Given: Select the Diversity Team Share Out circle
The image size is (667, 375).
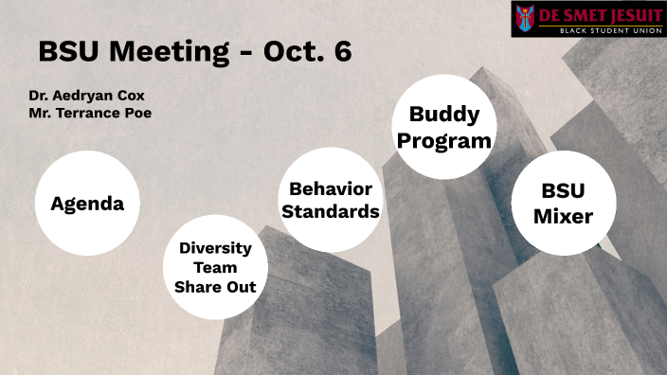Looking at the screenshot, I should pos(215,267).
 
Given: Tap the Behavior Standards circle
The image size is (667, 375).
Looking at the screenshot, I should pos(331,200).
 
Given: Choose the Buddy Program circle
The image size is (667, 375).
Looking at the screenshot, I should pos(444,127).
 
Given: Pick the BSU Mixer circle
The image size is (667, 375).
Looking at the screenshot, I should pos(563,204).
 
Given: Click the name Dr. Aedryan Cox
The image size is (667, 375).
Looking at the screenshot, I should pos(87,96).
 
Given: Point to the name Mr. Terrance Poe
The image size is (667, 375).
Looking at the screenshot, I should pos(90,113).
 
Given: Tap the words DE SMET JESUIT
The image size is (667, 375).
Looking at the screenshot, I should pos(600,16).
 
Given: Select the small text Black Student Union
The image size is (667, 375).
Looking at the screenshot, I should pos(600,30).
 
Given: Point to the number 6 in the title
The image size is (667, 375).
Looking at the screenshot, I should pos(342,51).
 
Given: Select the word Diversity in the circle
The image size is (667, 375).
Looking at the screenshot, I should pos(215,248).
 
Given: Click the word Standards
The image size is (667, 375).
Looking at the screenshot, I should pos(331,211).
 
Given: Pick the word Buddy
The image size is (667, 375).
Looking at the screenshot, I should pos(444,115).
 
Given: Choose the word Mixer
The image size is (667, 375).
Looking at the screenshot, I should pos(563,216).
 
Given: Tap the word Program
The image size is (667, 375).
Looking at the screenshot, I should pos(444,140).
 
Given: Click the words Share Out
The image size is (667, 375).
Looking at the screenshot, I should pos(215,287).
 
